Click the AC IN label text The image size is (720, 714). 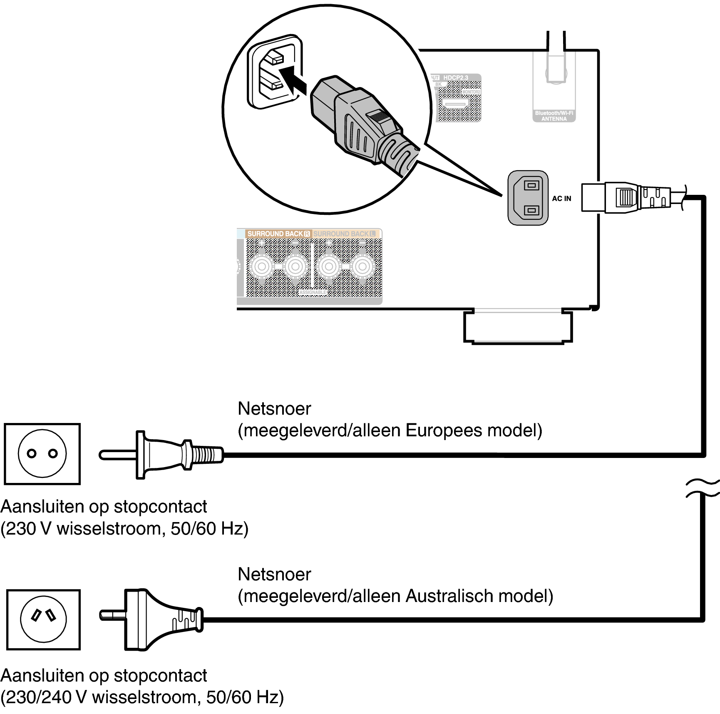point(561,199)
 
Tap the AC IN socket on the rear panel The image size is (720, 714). point(528,198)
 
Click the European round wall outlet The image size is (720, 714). point(42,454)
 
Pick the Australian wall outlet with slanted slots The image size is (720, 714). point(43,619)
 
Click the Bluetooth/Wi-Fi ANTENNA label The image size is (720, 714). point(554,116)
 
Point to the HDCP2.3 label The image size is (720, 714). point(455,78)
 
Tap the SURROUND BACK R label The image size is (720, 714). point(278,234)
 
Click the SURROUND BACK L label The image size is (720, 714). point(345,234)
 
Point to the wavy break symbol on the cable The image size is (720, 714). point(703,488)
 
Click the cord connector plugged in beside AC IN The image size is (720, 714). point(624,197)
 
